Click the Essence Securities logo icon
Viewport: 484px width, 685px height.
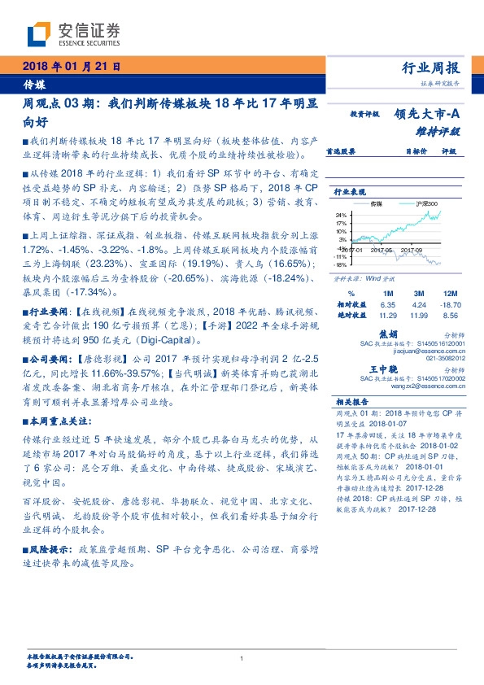pos(40,33)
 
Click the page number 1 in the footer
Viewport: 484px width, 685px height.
pos(242,658)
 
